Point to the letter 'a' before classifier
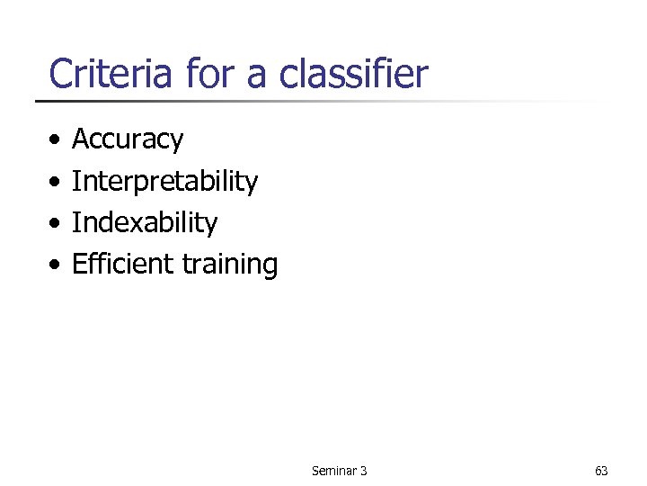click(255, 77)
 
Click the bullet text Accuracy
click(127, 139)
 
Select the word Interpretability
click(164, 181)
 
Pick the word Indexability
click(144, 222)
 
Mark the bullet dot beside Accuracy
click(57, 141)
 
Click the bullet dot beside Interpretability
click(57, 183)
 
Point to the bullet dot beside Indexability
click(57, 224)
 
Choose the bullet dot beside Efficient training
click(57, 265)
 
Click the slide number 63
click(601, 471)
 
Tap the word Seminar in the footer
click(332, 471)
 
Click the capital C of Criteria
click(61, 74)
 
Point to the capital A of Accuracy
click(80, 139)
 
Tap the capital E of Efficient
click(78, 264)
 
